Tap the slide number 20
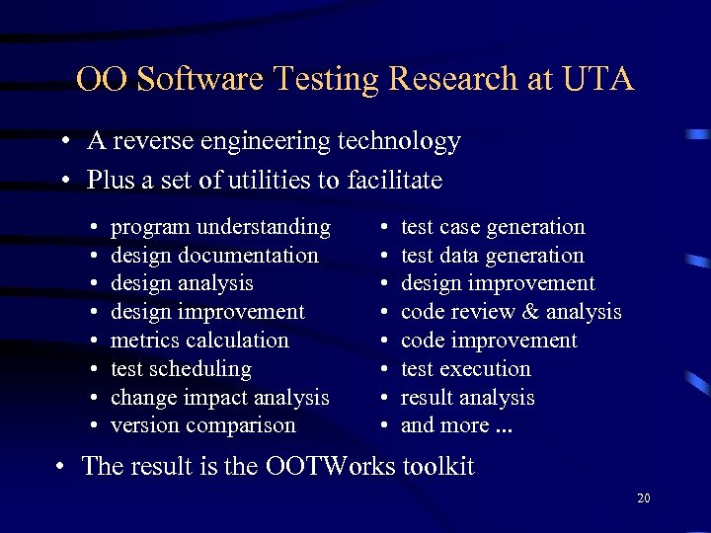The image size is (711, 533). point(644,498)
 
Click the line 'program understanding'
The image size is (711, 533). point(220,227)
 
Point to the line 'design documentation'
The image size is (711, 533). point(214,256)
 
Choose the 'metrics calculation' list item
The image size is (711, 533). point(199,341)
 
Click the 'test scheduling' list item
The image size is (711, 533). point(181,369)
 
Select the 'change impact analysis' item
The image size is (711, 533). point(219,398)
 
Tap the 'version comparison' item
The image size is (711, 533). point(202,425)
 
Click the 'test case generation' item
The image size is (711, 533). point(493,227)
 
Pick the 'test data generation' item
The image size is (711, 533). point(492,256)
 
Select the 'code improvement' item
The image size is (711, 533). point(489,341)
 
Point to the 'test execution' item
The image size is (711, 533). point(465,369)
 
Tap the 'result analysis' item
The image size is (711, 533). point(467,398)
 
